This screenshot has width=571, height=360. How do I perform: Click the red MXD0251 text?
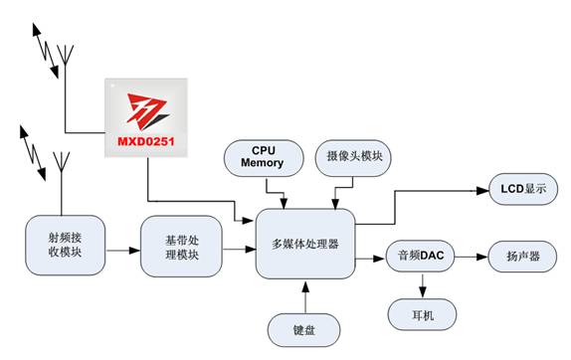[x=145, y=141]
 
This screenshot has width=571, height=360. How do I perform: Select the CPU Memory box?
[x=264, y=158]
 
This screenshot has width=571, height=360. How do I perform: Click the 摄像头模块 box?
[x=353, y=158]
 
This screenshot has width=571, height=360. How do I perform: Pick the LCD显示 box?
[x=523, y=189]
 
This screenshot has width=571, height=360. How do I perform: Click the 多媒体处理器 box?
[x=305, y=244]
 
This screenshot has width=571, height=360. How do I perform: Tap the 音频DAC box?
[x=420, y=256]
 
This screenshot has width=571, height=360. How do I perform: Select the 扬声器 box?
[x=522, y=257]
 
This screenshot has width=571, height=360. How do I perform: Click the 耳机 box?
[x=422, y=314]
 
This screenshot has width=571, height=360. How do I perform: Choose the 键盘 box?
[x=304, y=330]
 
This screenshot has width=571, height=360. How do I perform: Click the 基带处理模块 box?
[x=181, y=247]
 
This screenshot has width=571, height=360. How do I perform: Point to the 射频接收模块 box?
[x=66, y=245]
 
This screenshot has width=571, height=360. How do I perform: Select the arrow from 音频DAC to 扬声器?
[x=472, y=257]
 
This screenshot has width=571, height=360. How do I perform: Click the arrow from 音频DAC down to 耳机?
[x=423, y=285]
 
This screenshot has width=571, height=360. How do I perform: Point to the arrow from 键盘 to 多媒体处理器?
[x=305, y=296]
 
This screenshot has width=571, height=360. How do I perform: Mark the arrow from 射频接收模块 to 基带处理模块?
[x=123, y=251]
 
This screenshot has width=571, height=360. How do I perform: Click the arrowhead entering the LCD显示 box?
[x=482, y=190]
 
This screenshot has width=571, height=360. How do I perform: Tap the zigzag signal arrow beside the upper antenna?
[x=46, y=51]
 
